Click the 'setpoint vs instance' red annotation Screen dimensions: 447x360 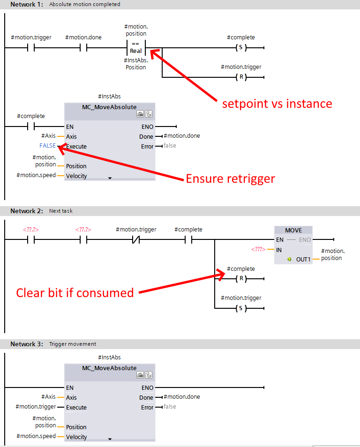pyautogui.click(x=277, y=104)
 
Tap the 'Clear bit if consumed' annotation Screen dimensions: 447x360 pyautogui.click(x=75, y=293)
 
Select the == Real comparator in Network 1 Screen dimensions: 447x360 pyautogui.click(x=136, y=48)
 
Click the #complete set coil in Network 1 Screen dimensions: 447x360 pyautogui.click(x=240, y=48)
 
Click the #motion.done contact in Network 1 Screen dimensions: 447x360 pyautogui.click(x=83, y=48)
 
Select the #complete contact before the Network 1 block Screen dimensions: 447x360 pyautogui.click(x=31, y=127)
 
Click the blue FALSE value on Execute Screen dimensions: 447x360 pyautogui.click(x=47, y=146)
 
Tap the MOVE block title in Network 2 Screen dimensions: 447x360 pyautogui.click(x=293, y=231)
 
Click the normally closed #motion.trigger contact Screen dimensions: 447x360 pyautogui.click(x=136, y=240)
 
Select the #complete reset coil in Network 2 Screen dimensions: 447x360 pyautogui.click(x=240, y=280)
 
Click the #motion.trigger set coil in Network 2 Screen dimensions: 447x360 pyautogui.click(x=240, y=308)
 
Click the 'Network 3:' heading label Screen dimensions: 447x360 pyautogui.click(x=26, y=344)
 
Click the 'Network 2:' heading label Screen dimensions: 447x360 pyautogui.click(x=26, y=211)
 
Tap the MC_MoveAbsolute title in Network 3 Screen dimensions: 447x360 pyautogui.click(x=109, y=368)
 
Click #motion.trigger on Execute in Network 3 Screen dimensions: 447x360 pyautogui.click(x=36, y=407)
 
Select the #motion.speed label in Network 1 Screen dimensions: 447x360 pyautogui.click(x=36, y=175)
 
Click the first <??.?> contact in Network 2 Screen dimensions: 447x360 pyautogui.click(x=31, y=240)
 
